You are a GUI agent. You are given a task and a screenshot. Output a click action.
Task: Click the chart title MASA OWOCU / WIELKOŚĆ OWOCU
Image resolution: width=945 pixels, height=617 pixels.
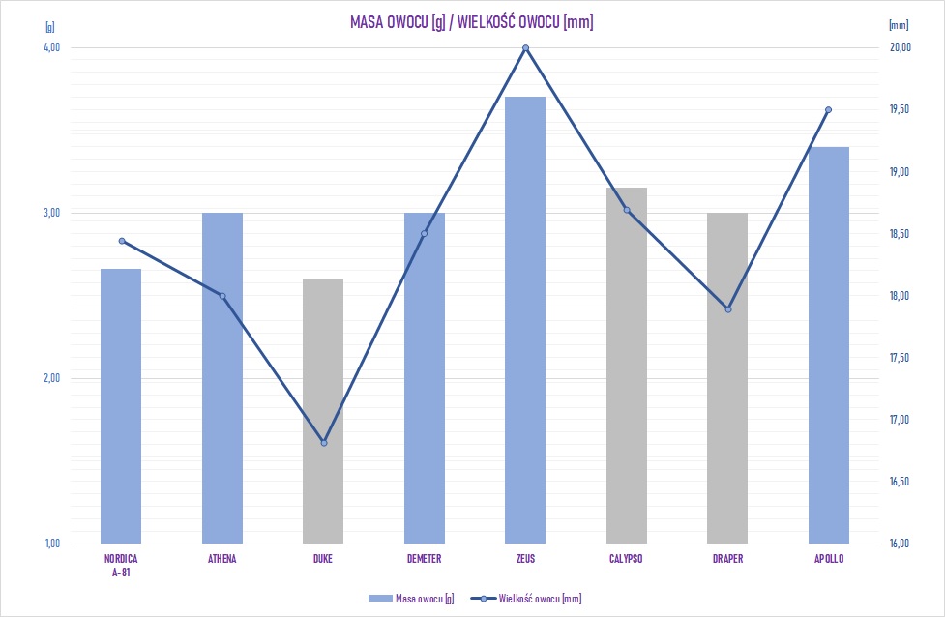click(471, 22)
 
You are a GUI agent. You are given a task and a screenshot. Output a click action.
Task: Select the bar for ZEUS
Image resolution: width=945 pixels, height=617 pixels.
click(525, 319)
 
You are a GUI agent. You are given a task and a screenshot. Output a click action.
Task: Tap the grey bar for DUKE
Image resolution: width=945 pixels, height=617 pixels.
click(323, 411)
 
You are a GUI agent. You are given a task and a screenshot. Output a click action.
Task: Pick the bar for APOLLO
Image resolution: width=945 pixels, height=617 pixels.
click(829, 344)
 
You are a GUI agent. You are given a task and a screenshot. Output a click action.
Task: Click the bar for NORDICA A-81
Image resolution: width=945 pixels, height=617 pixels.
click(121, 405)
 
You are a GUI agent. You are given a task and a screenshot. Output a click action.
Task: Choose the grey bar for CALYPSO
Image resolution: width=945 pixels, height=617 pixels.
click(627, 365)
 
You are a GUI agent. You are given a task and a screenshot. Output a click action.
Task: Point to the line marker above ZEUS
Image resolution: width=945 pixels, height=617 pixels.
click(526, 48)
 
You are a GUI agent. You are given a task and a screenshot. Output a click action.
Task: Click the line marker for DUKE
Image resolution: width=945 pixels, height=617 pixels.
click(324, 443)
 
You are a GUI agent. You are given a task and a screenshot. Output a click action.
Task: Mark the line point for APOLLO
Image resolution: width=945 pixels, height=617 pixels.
click(829, 110)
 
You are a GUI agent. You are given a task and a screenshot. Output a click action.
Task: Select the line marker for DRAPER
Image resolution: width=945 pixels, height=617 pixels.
click(728, 309)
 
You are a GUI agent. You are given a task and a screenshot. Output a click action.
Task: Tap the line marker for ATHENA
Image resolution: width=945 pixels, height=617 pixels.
click(222, 296)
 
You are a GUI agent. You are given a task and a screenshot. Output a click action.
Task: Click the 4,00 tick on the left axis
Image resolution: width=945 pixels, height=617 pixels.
click(52, 47)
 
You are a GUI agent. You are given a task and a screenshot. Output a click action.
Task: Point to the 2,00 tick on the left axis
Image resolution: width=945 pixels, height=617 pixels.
click(52, 378)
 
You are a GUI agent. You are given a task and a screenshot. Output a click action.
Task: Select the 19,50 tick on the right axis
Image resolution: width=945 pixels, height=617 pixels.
click(900, 110)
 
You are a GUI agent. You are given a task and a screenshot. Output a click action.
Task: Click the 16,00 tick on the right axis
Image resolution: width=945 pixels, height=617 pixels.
click(900, 544)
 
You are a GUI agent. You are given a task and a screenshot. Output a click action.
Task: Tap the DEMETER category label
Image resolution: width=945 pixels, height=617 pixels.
click(425, 559)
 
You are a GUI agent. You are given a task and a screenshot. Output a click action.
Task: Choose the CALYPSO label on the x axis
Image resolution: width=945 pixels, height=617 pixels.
click(627, 559)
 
